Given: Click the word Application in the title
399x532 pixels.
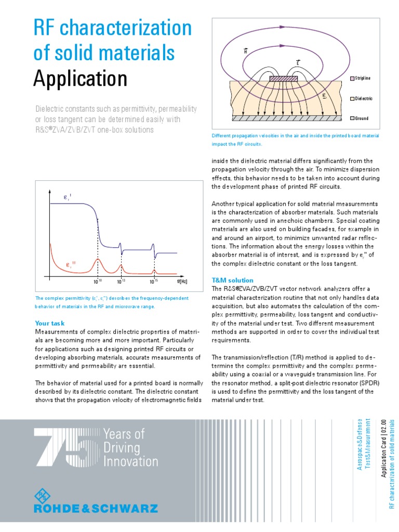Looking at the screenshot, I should pyautogui.click(x=81, y=79).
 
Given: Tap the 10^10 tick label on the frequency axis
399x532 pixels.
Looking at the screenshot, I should pyautogui.click(x=98, y=282).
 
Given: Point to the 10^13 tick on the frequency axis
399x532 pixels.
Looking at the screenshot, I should pyautogui.click(x=121, y=282).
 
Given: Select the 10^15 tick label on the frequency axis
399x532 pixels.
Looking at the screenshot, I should pyautogui.click(x=154, y=282).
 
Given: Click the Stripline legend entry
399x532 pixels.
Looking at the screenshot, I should pyautogui.click(x=361, y=78).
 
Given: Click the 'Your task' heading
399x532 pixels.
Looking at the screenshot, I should pyautogui.click(x=49, y=323).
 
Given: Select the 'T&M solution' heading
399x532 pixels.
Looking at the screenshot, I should pyautogui.click(x=233, y=280).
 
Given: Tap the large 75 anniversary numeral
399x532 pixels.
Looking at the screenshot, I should pyautogui.click(x=65, y=447).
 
